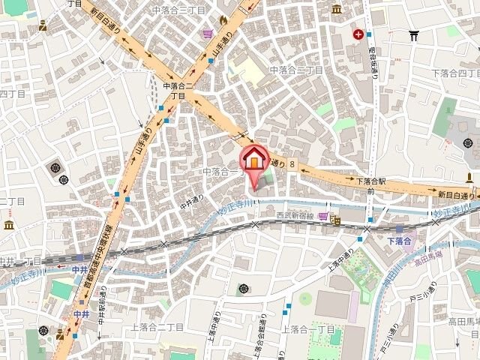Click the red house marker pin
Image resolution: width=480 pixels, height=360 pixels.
253,159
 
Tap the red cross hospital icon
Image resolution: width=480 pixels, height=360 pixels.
359,34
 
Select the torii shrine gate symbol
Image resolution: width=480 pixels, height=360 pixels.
413,34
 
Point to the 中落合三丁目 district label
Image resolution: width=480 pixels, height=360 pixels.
176,10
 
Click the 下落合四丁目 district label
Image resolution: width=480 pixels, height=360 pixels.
454,73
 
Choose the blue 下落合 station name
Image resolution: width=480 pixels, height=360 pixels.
400,240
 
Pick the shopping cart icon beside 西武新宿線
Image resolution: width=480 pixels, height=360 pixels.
322,216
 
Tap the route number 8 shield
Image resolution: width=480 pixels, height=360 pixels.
292,163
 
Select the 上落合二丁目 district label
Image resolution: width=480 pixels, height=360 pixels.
157,327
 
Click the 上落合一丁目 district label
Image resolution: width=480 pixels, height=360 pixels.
309,329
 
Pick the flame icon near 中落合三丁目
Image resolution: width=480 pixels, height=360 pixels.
223,19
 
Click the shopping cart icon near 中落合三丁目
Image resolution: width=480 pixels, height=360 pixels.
207,33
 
